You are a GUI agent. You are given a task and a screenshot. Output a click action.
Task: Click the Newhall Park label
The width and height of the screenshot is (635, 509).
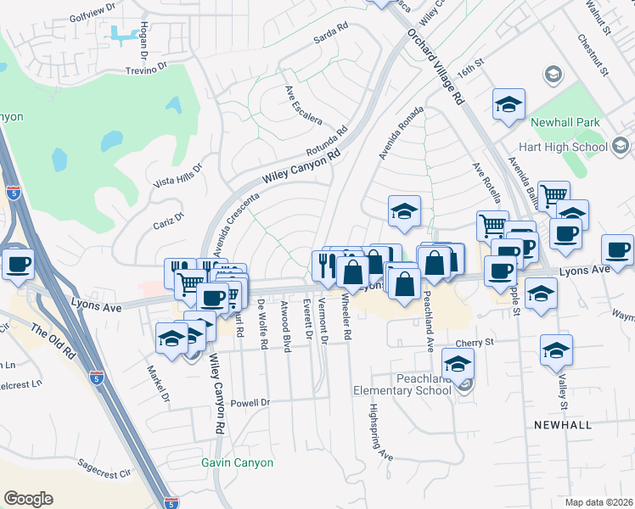(x=565, y=122)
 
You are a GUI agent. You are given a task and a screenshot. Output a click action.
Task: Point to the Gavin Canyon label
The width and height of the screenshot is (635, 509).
(x=238, y=462)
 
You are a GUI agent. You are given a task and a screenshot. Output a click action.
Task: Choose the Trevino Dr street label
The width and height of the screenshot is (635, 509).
(x=149, y=71)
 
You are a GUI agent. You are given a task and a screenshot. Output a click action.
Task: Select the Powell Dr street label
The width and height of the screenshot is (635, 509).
(x=250, y=403)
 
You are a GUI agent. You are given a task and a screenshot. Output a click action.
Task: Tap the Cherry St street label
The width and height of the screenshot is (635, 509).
(x=474, y=343)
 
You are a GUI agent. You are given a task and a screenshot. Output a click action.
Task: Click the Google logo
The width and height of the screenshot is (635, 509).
(x=28, y=499)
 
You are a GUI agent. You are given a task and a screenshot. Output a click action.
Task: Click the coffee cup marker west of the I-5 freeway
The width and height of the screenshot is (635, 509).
(x=18, y=264)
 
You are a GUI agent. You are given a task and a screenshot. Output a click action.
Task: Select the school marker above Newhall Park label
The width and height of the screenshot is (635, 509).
(x=509, y=106)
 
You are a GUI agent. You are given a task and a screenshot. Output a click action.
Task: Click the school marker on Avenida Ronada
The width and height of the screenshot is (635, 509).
(x=405, y=211)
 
